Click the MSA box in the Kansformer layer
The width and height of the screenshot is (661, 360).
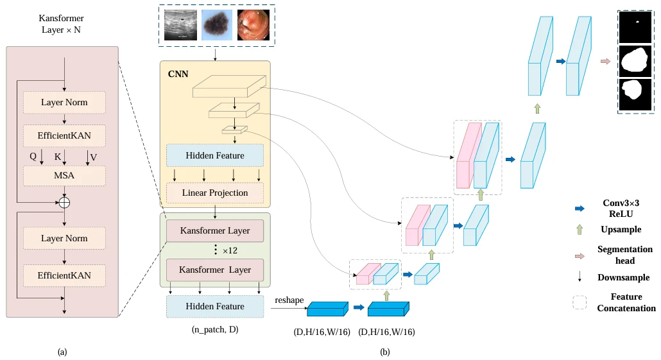[64, 175]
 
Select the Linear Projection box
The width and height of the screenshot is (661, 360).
[215, 193]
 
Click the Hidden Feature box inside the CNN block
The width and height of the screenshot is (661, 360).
[215, 156]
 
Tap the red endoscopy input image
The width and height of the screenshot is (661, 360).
[253, 25]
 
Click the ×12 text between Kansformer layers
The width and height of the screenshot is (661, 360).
[229, 250]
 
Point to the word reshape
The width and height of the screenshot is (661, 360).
[288, 300]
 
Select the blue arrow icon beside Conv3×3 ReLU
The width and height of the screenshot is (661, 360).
[579, 209]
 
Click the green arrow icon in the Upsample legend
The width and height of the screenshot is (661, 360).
[579, 229]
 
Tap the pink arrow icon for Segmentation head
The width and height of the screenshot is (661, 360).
[579, 255]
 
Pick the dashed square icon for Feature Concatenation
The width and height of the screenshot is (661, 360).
[579, 302]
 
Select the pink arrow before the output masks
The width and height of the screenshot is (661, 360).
[605, 62]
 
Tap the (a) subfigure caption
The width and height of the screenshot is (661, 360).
[62, 352]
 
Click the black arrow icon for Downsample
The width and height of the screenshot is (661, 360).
[579, 278]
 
